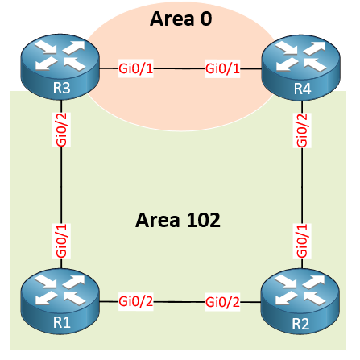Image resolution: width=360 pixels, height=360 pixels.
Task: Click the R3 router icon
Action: tap(60, 67)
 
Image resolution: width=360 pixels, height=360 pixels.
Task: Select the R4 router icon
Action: tap(301, 68)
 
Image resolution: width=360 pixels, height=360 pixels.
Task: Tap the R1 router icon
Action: tap(60, 301)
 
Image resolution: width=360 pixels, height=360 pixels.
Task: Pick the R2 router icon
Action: tap(300, 301)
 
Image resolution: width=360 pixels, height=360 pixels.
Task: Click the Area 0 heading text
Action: tap(181, 19)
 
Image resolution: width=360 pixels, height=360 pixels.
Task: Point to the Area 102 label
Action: tap(178, 220)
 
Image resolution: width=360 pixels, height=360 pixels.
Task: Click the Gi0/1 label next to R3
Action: tap(136, 68)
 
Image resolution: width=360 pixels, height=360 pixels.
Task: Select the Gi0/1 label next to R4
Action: tap(222, 68)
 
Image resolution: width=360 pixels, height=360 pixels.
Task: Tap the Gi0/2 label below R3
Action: tap(61, 130)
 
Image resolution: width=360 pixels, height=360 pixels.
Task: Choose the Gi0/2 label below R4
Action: tap(302, 130)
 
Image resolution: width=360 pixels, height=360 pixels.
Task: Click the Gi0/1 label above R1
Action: tap(61, 241)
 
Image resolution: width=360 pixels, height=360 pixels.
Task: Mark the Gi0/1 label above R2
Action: tap(302, 241)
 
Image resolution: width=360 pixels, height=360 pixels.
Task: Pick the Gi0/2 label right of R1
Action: tap(136, 302)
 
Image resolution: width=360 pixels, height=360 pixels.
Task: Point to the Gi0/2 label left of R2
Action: tap(222, 302)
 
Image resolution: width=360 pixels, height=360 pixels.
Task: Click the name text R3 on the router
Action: tap(62, 88)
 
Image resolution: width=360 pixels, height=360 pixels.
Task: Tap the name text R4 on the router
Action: tap(303, 89)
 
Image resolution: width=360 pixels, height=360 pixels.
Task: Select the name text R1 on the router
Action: tap(62, 322)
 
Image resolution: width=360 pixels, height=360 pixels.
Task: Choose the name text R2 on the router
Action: tap(300, 324)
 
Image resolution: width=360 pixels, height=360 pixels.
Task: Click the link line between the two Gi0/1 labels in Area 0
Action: tap(180, 68)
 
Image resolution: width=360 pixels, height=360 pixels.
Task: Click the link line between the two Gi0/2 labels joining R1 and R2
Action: tap(180, 302)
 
